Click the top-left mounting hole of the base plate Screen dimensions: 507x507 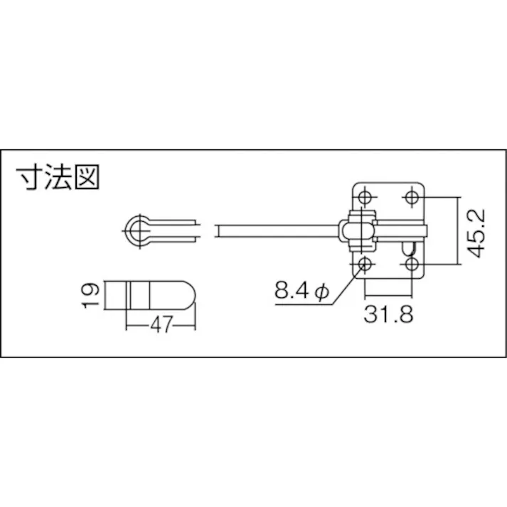pyautogui.click(x=365, y=196)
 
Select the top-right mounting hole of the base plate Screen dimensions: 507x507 pyautogui.click(x=412, y=196)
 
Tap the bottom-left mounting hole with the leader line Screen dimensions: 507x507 pyautogui.click(x=365, y=265)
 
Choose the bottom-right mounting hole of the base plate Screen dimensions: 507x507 pyautogui.click(x=412, y=265)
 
